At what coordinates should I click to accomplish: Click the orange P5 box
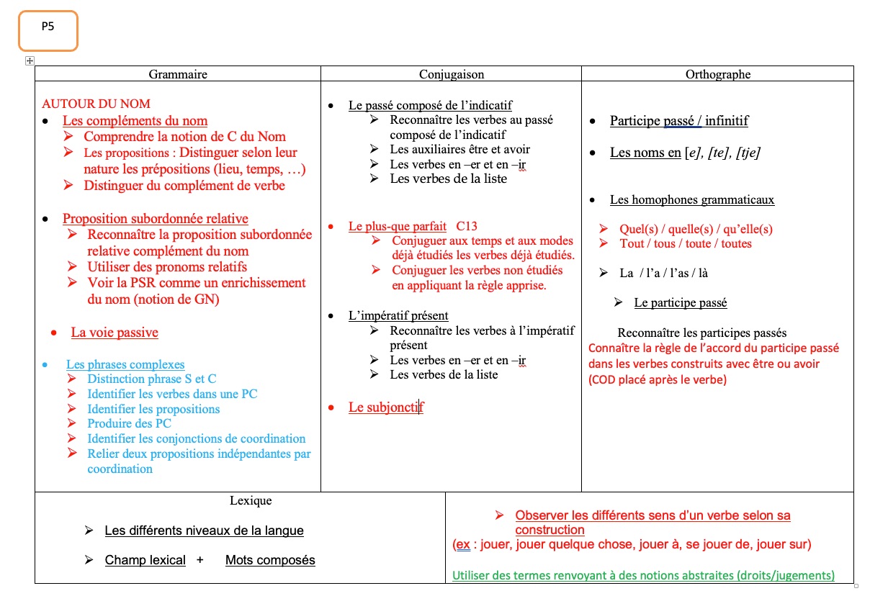click(x=48, y=30)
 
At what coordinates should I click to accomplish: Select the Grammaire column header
click(x=178, y=74)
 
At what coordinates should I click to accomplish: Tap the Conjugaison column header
click(x=452, y=74)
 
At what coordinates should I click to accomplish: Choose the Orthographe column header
click(x=717, y=74)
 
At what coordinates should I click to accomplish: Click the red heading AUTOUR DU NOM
click(x=96, y=104)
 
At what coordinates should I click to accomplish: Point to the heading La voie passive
click(x=115, y=333)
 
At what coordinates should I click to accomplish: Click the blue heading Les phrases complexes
click(x=125, y=365)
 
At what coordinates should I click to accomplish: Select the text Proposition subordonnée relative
click(x=155, y=219)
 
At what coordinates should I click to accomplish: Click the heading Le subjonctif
click(x=385, y=407)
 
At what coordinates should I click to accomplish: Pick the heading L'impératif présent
click(x=398, y=316)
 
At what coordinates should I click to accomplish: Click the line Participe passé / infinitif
click(x=678, y=121)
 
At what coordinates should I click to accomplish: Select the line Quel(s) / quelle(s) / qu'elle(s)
click(x=696, y=229)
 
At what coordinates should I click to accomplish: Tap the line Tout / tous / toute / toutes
click(x=685, y=244)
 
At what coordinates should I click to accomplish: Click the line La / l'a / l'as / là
click(x=658, y=274)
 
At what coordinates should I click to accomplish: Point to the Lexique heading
click(x=251, y=501)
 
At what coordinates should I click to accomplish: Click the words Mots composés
click(x=270, y=560)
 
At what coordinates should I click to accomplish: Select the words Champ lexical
click(x=145, y=560)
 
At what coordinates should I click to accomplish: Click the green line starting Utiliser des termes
click(x=643, y=575)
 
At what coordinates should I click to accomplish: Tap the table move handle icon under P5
click(x=30, y=61)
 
